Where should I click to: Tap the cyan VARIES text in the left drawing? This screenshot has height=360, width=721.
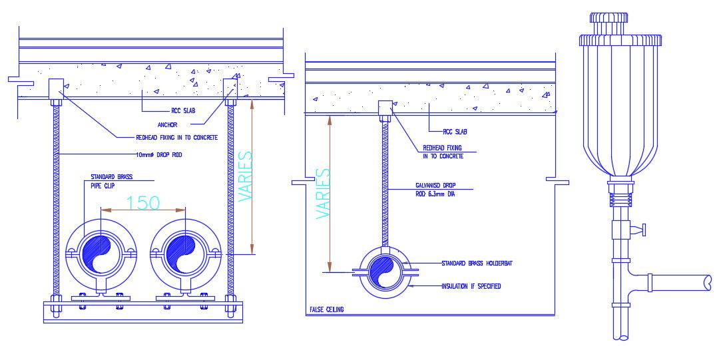click(x=246, y=177)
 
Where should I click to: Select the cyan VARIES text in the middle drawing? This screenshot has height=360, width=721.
click(x=323, y=194)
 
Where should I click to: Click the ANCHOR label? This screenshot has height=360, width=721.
click(x=169, y=124)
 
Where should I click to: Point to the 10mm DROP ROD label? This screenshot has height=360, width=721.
click(x=159, y=155)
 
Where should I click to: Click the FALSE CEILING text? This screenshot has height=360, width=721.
click(x=327, y=310)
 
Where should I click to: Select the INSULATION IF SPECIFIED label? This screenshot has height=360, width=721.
click(x=471, y=286)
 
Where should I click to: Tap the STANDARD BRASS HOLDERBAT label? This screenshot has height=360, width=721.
click(x=477, y=264)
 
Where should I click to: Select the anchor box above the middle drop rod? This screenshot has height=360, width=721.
click(x=385, y=108)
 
